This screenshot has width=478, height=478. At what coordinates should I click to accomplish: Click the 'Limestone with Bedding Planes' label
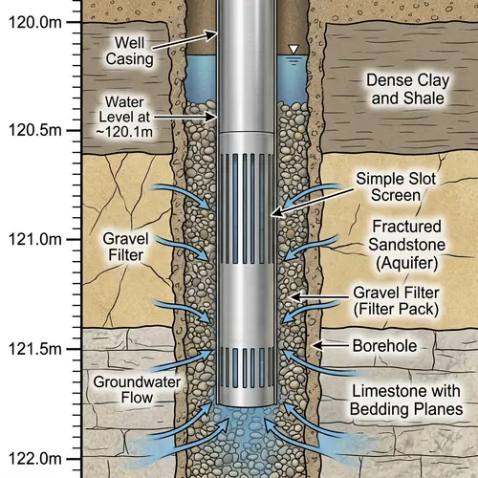click(x=399, y=401)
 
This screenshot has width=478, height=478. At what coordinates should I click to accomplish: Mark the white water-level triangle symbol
click(x=293, y=49)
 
